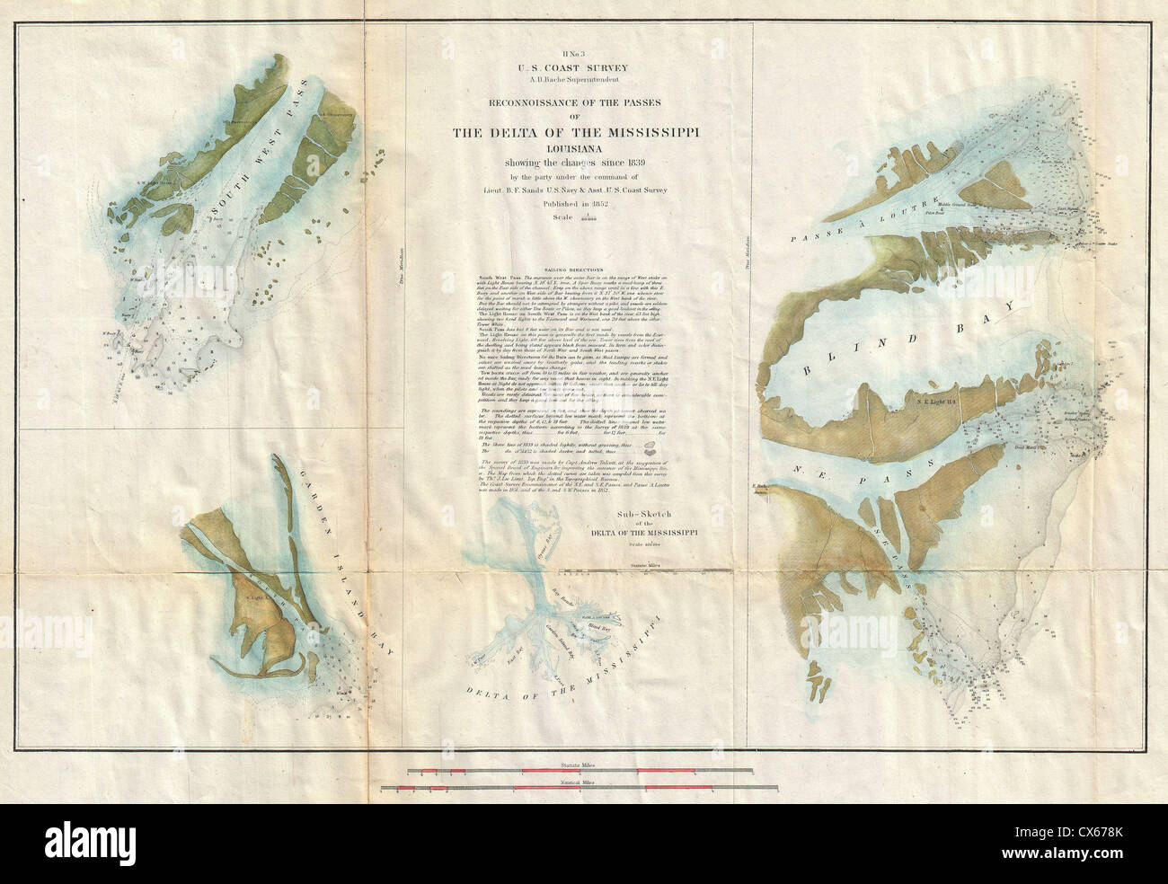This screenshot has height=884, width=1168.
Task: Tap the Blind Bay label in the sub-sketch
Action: [607, 629]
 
